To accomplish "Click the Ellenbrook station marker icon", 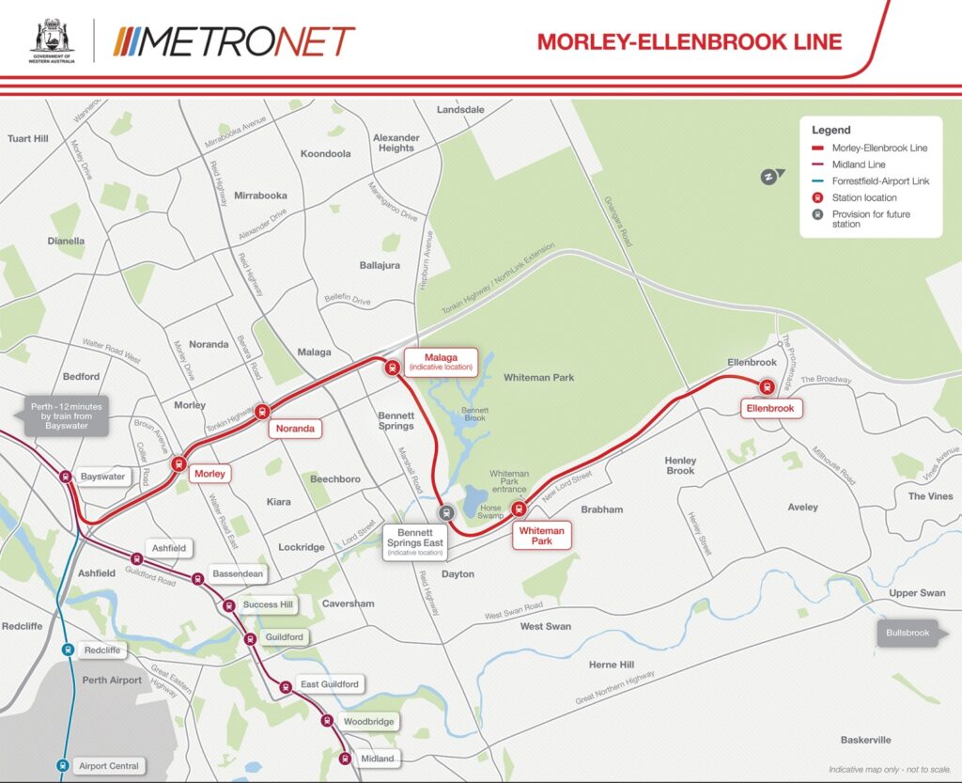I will tap(766, 385).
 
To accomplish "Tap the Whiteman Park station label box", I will tap(542, 536).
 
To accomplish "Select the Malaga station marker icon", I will tap(392, 368).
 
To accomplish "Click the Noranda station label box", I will tap(296, 429).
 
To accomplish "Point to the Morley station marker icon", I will tap(178, 463).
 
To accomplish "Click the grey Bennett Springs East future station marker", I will tap(447, 513).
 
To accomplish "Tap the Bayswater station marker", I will tap(66, 477).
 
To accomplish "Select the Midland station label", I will tap(378, 759).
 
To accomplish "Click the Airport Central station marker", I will tap(62, 765).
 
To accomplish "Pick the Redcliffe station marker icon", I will tap(68, 650).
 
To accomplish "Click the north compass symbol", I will tap(769, 176).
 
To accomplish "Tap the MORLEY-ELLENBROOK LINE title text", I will tap(689, 41).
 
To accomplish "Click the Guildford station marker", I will tap(250, 639).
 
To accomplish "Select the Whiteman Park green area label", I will tap(538, 377).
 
